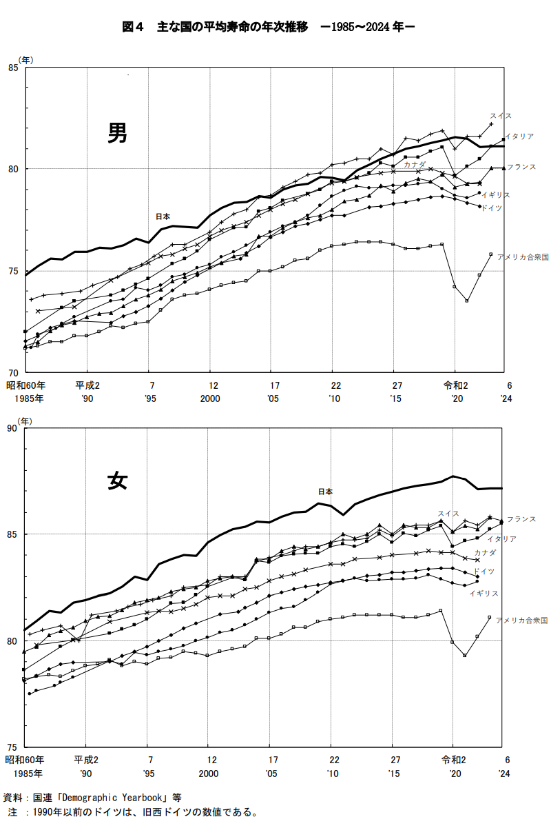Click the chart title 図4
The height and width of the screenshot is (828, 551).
coord(132,28)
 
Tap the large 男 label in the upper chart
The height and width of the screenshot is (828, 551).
coord(117,133)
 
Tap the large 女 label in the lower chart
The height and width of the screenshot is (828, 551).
coord(117,480)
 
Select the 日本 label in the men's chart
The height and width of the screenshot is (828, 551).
coord(163,216)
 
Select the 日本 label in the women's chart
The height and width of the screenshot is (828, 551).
coord(325,492)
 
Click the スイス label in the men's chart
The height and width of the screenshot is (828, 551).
coord(501,116)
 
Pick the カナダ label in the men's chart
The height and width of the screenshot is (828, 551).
coord(415,165)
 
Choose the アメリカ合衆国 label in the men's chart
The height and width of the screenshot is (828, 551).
coord(523,256)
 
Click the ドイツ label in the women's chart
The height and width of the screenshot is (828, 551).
coord(484,572)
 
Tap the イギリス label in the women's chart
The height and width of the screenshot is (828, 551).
coord(484,593)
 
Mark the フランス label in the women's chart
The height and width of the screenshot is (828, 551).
coord(521,519)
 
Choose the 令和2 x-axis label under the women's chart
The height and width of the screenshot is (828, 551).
coord(455,760)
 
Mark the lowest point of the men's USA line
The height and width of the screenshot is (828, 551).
coord(467,301)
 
